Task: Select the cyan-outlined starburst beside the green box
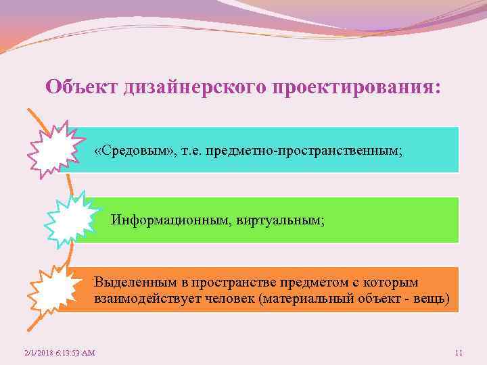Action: [70, 216]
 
